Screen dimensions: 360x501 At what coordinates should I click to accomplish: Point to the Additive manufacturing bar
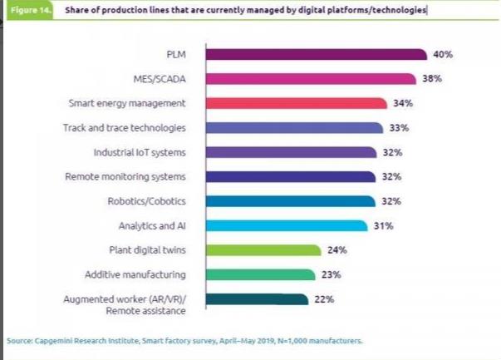(x=260, y=274)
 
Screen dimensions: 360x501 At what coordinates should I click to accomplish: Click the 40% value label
(x=442, y=54)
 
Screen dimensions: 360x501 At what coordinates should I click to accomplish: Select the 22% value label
(x=325, y=299)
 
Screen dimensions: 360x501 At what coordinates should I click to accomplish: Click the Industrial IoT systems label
(x=139, y=153)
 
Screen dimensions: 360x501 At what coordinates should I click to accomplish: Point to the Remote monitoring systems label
(x=125, y=177)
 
